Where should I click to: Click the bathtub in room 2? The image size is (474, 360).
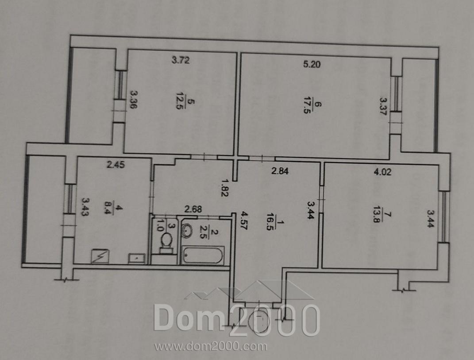click(x=203, y=255)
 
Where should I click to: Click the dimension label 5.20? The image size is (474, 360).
click(x=312, y=64)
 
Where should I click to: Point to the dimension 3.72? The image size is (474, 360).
click(x=181, y=60)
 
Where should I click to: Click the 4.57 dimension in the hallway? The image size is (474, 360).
click(x=243, y=221)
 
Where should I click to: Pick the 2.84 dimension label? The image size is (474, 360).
click(x=280, y=171)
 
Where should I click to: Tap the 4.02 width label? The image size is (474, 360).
click(x=382, y=172)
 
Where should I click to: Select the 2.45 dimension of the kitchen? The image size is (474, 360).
click(x=116, y=165)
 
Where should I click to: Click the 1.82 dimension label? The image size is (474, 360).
click(x=224, y=188)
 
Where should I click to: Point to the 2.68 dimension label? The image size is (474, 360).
click(x=193, y=209)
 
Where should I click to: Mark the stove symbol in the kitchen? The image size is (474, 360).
click(x=100, y=256)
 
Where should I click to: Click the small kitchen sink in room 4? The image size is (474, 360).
click(x=137, y=259)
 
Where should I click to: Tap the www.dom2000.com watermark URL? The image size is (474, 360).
click(x=211, y=346)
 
